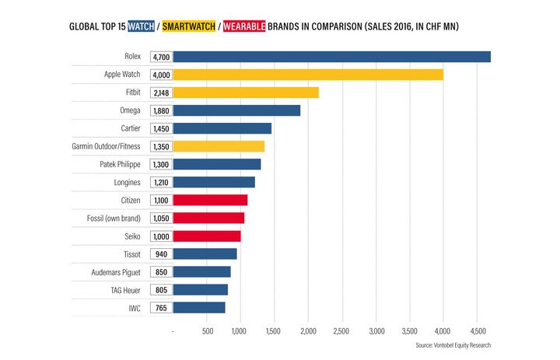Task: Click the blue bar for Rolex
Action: [x=331, y=57]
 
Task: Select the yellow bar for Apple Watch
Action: [x=308, y=75]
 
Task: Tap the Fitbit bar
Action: [x=246, y=93]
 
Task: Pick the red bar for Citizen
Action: [x=210, y=200]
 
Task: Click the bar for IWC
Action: [x=199, y=307]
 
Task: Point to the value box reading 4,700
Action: [x=162, y=57]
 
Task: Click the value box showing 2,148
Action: [x=162, y=93]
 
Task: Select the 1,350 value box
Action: [x=162, y=146]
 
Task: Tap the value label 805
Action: [x=162, y=289]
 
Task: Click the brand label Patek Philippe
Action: [x=121, y=164]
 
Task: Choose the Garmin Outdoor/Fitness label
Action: [x=106, y=146]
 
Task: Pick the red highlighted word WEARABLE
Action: [x=247, y=26]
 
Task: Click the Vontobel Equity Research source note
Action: [x=453, y=345]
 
